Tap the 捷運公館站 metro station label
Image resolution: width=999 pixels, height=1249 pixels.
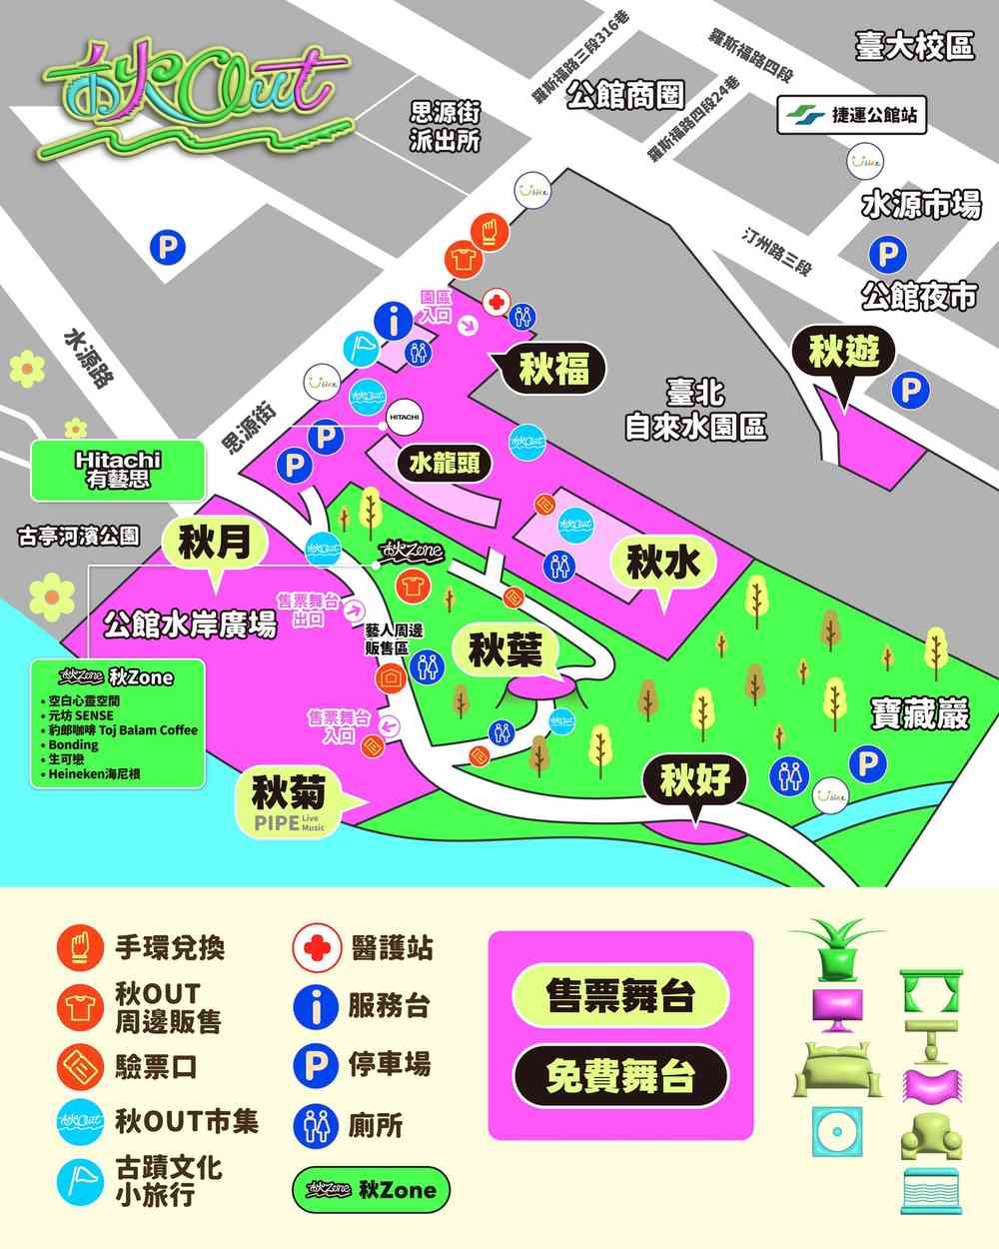coord(851,115)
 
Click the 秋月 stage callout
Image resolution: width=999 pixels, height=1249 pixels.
coord(211,545)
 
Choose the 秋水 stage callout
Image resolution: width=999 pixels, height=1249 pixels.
coord(659,564)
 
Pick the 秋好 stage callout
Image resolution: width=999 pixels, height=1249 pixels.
coord(695,780)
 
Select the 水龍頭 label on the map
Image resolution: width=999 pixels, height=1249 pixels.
coord(448,463)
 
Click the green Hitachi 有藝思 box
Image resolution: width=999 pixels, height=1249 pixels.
coord(117,471)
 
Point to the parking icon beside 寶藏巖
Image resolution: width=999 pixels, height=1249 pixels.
coord(865,764)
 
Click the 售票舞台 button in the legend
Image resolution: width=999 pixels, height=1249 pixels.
coord(619,995)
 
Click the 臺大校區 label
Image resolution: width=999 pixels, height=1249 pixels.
coord(913,46)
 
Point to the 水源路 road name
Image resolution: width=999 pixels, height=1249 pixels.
coord(87,361)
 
